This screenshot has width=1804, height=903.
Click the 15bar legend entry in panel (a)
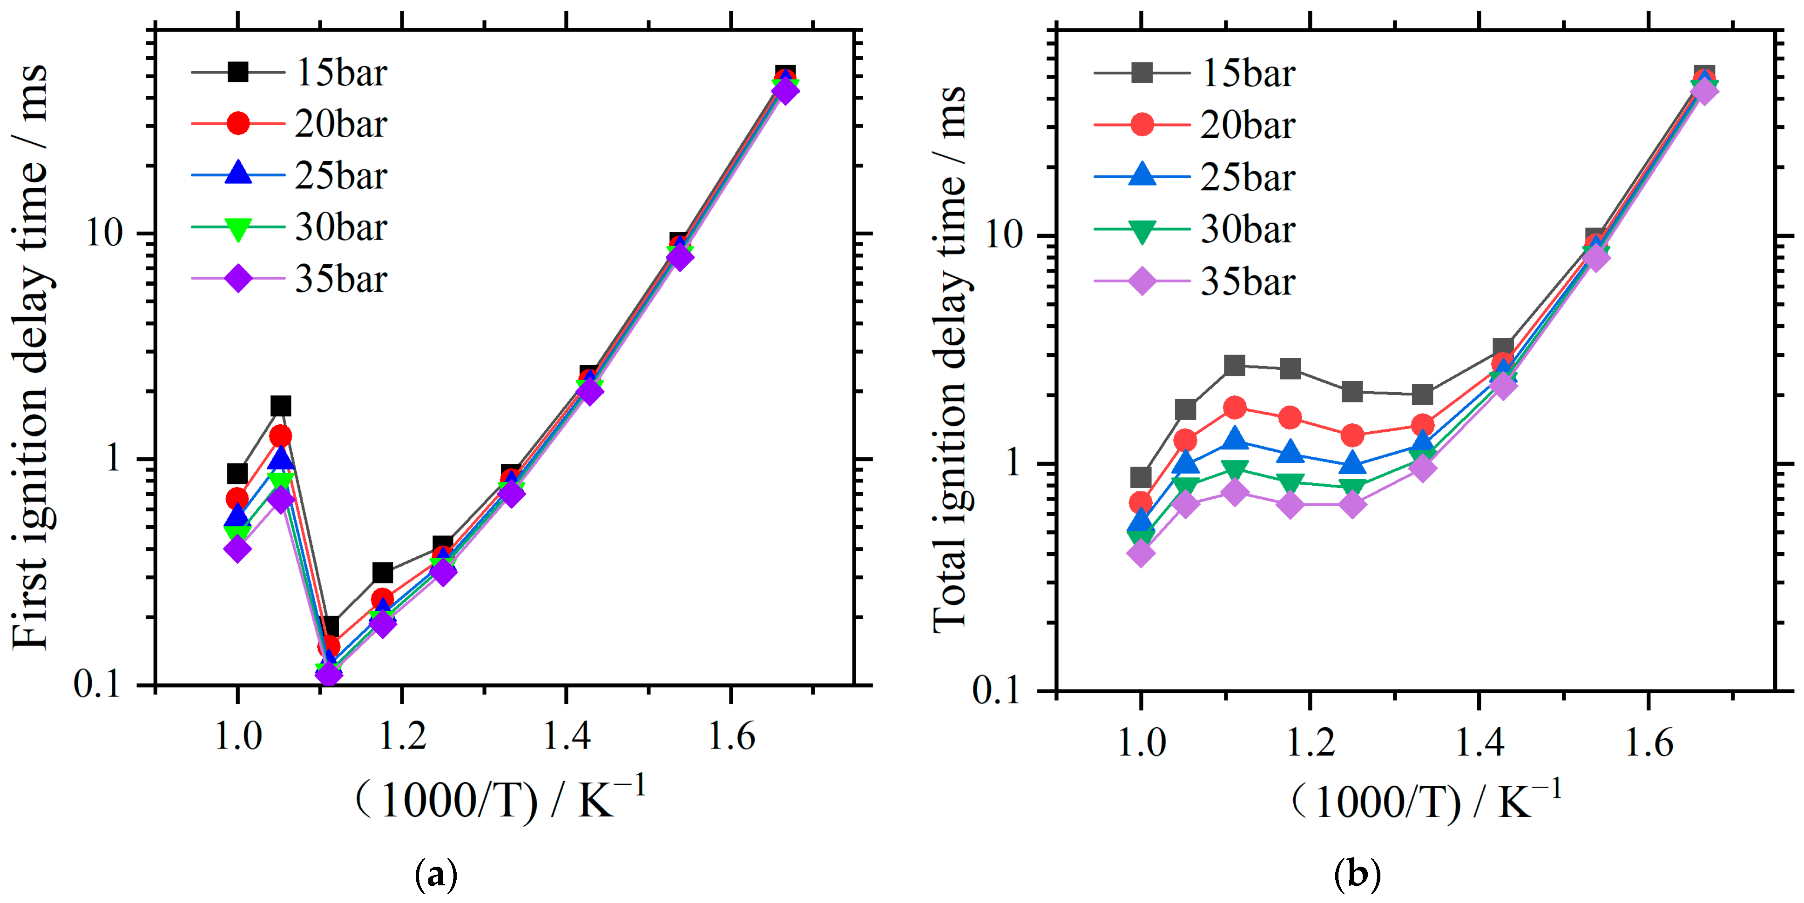tap(340, 73)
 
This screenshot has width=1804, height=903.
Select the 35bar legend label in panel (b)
tap(1247, 282)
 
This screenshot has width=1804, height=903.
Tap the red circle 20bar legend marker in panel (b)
tap(1142, 125)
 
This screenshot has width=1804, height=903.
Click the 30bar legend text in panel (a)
tap(340, 227)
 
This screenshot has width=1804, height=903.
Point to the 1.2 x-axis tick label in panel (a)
tap(401, 737)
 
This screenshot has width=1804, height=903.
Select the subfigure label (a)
tap(436, 875)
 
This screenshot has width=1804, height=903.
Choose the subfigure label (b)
tap(1357, 875)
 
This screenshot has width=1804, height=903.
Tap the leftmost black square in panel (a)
tap(237, 474)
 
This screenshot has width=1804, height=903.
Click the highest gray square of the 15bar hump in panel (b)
tap(1234, 365)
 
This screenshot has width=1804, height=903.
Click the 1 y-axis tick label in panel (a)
tap(114, 459)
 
